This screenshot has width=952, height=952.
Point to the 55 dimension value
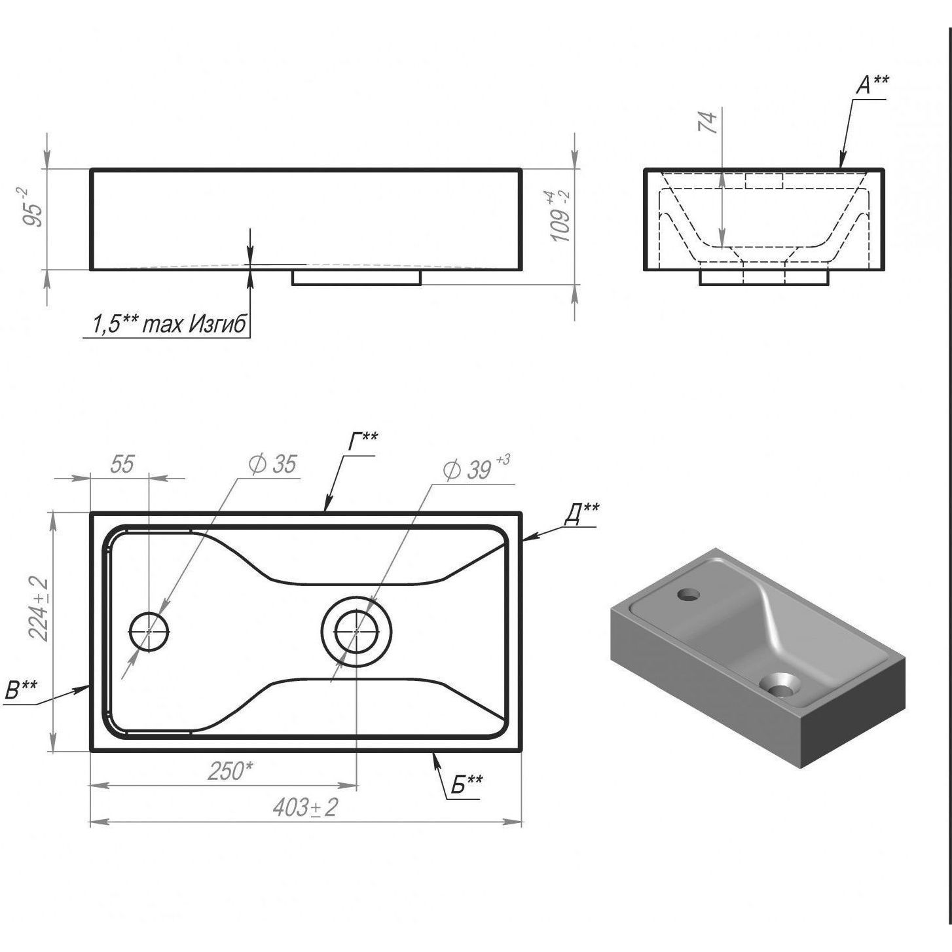pyautogui.click(x=122, y=464)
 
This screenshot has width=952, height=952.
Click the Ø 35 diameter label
pyautogui.click(x=273, y=464)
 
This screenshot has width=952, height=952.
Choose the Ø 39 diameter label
pyautogui.click(x=476, y=468)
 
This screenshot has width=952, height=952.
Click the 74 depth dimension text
pyautogui.click(x=707, y=122)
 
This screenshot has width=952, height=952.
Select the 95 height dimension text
pyautogui.click(x=34, y=207)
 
